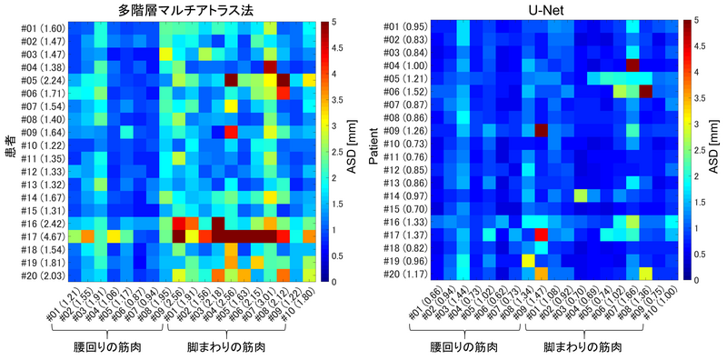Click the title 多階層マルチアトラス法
193,10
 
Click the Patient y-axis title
373,151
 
